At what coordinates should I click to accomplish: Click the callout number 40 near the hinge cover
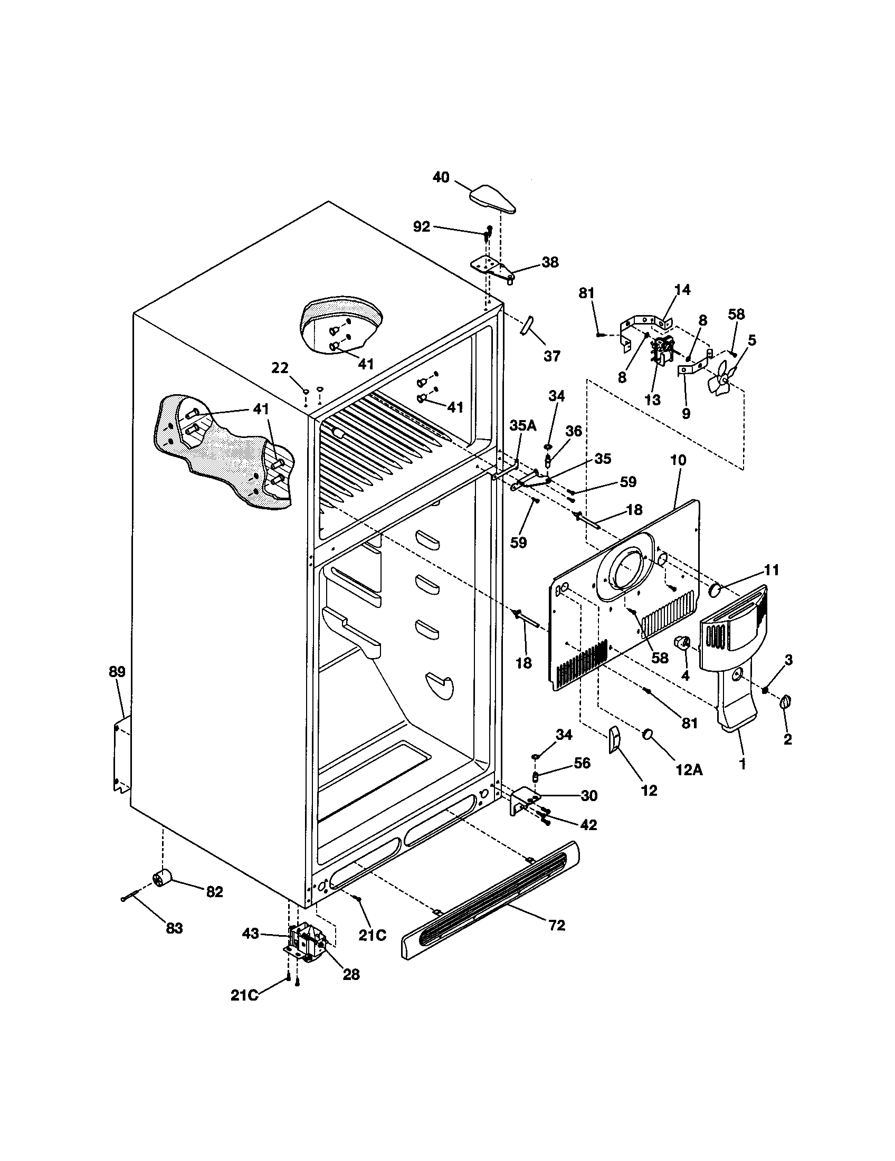pyautogui.click(x=441, y=177)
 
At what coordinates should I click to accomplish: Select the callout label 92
pyautogui.click(x=422, y=227)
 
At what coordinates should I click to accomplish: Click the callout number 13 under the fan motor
pyautogui.click(x=652, y=400)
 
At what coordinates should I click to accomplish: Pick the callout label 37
pyautogui.click(x=552, y=356)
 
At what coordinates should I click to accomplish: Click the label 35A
pyautogui.click(x=523, y=425)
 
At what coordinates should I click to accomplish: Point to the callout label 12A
pyautogui.click(x=689, y=770)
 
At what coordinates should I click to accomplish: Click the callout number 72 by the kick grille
pyautogui.click(x=556, y=926)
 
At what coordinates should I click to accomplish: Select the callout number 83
pyautogui.click(x=174, y=928)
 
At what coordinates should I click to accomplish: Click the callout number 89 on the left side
pyautogui.click(x=117, y=671)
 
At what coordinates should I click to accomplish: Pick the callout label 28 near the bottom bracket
pyautogui.click(x=351, y=974)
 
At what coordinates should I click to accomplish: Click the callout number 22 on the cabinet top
pyautogui.click(x=280, y=368)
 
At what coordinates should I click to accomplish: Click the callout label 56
pyautogui.click(x=582, y=764)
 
